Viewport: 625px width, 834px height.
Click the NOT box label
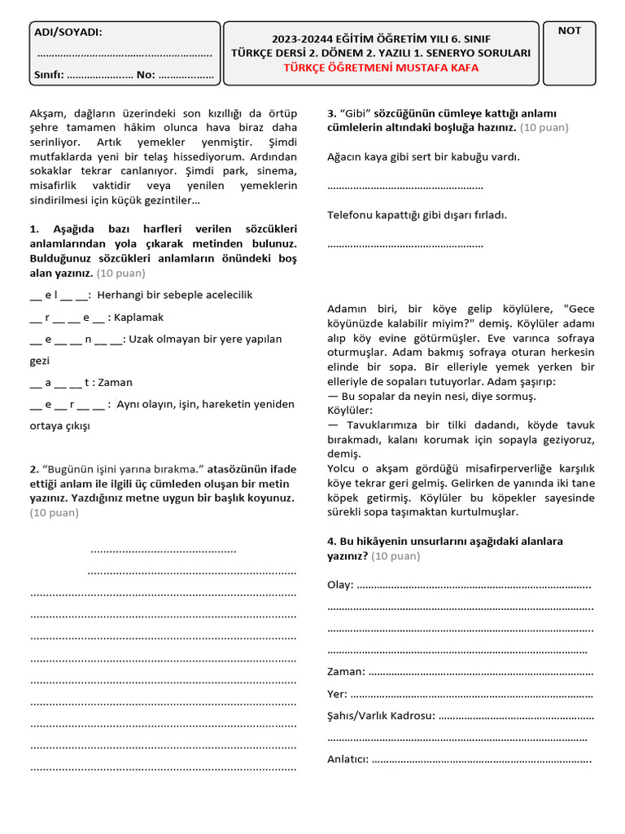pos(570,31)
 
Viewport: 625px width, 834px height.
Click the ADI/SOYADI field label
pos(68,32)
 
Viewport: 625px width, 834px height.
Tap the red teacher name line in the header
pos(381,68)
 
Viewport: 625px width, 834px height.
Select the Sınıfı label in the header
pos(49,75)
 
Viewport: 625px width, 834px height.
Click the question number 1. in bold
pos(35,228)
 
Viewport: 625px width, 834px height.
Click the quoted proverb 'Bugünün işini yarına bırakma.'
pos(123,469)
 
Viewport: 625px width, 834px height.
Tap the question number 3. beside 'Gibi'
pos(332,113)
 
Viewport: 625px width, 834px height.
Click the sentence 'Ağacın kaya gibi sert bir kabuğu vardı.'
pos(423,156)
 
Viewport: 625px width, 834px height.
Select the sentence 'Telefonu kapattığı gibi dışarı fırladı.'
pos(417,215)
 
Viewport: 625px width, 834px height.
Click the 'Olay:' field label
pos(340,586)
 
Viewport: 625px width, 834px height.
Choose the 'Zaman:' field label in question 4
pos(346,672)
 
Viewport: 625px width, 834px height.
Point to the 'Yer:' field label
pos(337,694)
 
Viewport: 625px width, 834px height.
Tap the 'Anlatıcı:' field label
pos(347,760)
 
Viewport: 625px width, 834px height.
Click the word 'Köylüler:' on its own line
pos(350,410)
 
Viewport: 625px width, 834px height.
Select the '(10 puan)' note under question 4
pos(396,556)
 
